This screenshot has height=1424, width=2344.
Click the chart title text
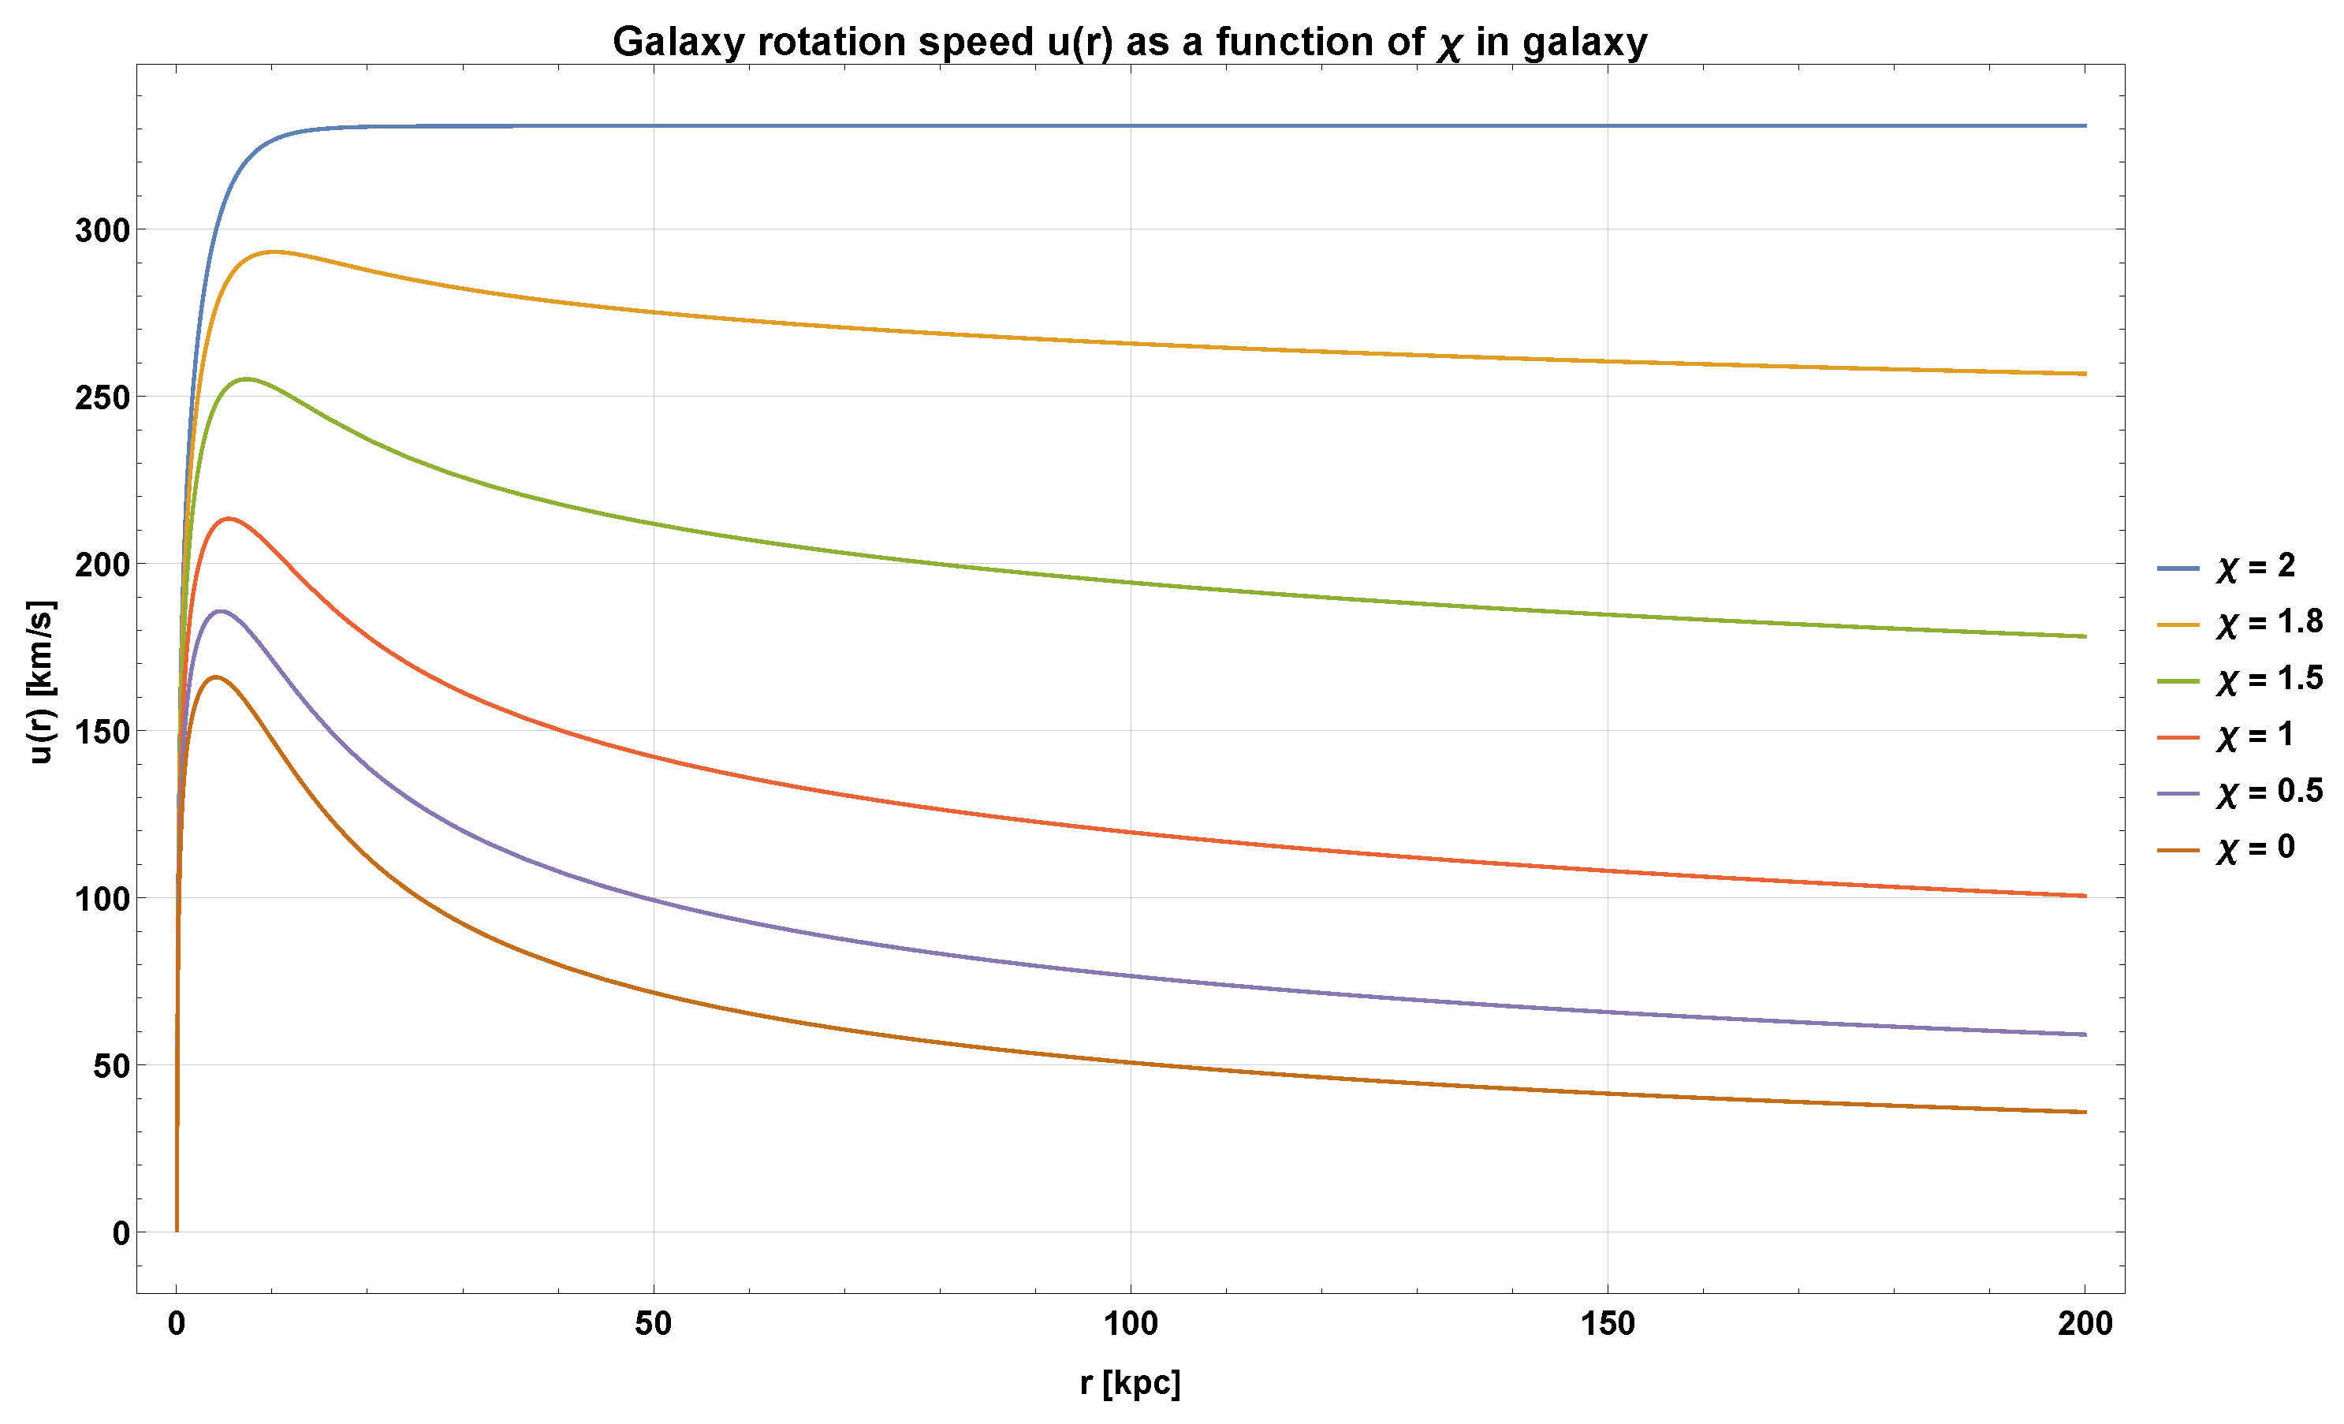(1129, 42)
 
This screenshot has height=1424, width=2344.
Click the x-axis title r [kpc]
(1129, 1382)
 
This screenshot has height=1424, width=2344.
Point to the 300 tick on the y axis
(102, 229)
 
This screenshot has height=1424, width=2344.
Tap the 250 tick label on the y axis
(102, 397)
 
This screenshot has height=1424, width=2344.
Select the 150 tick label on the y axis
(102, 732)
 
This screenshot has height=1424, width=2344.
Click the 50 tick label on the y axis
(111, 1065)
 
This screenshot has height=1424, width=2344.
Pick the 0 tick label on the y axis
(121, 1233)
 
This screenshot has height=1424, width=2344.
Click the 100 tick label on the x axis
(1130, 1323)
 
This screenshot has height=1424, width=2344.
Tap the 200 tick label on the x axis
(2085, 1323)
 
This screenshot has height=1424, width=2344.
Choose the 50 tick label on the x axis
(653, 1323)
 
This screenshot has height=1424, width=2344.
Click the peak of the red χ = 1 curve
(229, 518)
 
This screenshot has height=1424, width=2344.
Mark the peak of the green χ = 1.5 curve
(247, 378)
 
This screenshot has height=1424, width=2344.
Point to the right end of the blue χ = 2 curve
(2085, 125)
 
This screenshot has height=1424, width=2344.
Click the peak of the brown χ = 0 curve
(216, 677)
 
